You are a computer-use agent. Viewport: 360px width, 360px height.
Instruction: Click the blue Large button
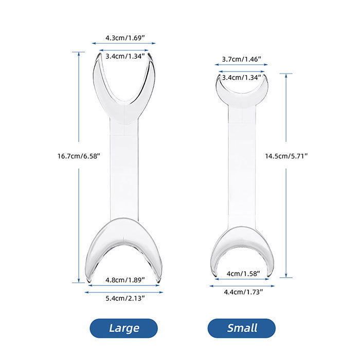123,328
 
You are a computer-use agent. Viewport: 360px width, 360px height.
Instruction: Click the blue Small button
241,328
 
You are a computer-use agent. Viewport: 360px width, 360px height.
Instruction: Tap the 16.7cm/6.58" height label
79,154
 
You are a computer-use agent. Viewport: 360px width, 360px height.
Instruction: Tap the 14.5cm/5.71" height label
286,156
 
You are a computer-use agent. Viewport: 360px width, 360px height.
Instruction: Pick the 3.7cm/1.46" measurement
242,60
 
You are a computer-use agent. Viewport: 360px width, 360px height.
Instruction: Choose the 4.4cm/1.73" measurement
242,292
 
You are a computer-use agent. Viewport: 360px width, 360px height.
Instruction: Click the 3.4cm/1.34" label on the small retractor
242,78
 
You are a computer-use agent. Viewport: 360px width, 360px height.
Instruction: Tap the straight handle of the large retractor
124,170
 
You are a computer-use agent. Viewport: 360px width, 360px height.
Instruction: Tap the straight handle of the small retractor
242,165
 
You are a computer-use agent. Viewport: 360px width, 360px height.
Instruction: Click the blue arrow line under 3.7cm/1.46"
242,65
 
